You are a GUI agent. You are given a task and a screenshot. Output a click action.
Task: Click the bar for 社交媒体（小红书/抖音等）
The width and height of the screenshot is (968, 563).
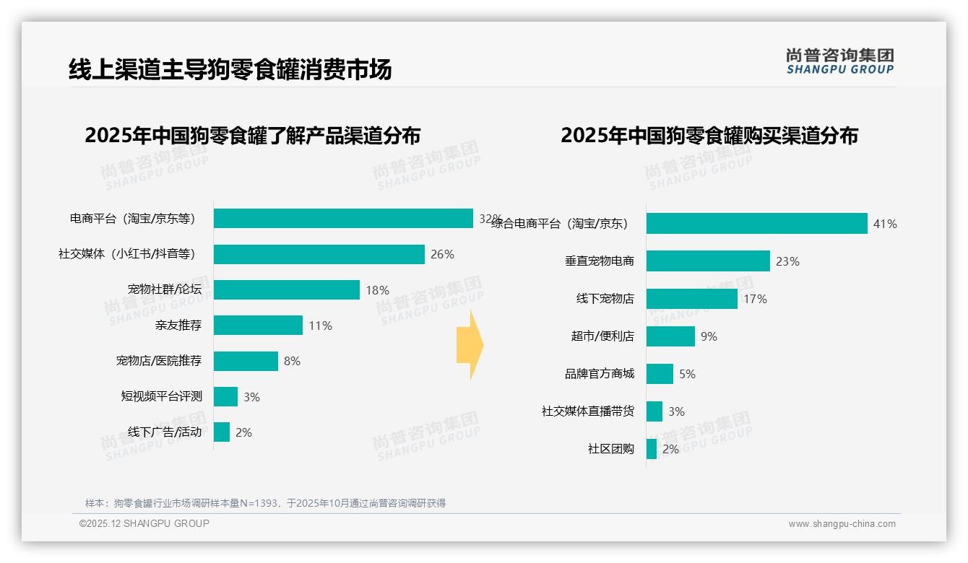(x=319, y=254)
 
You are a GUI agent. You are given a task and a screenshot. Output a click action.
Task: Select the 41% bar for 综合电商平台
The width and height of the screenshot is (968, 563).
(x=756, y=224)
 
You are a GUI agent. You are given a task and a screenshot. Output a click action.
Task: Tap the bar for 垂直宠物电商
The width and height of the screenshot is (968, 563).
(x=708, y=261)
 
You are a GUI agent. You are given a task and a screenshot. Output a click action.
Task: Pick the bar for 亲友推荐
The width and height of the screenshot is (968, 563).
(x=258, y=326)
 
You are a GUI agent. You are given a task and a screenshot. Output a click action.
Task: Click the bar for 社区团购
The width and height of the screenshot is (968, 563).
(x=652, y=449)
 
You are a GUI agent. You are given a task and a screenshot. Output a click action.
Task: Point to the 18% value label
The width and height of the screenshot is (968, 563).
(x=377, y=290)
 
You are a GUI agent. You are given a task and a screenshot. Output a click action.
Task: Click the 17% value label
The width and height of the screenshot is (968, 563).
(x=755, y=299)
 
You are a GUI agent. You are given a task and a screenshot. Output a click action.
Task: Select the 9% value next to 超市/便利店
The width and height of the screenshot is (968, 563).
(x=709, y=336)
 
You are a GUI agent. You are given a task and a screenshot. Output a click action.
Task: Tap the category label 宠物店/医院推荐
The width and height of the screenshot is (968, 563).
(x=159, y=361)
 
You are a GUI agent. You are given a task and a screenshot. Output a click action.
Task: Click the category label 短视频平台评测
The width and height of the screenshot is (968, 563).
(x=162, y=396)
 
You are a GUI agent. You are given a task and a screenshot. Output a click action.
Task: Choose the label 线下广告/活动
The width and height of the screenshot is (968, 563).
(x=165, y=432)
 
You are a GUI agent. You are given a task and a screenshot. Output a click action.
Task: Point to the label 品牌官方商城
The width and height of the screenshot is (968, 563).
(x=600, y=374)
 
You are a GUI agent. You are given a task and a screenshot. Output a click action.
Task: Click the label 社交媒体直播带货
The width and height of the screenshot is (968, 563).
(x=588, y=411)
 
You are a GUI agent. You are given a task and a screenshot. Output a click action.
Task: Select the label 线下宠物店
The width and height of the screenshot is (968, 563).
(x=605, y=299)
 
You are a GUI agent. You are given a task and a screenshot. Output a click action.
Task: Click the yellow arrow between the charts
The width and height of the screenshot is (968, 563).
(x=470, y=346)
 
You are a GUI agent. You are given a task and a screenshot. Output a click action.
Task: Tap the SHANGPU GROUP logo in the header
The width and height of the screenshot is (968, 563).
(x=839, y=61)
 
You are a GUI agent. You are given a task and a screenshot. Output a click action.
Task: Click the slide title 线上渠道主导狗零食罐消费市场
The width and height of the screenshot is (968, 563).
(x=230, y=70)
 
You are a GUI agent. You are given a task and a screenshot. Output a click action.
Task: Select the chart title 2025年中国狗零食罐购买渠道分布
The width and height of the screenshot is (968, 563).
(x=709, y=136)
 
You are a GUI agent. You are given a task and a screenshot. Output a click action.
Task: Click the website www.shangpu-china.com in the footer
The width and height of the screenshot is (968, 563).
(x=842, y=524)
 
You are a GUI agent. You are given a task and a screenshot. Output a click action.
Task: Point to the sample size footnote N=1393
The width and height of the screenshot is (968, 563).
(x=265, y=503)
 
